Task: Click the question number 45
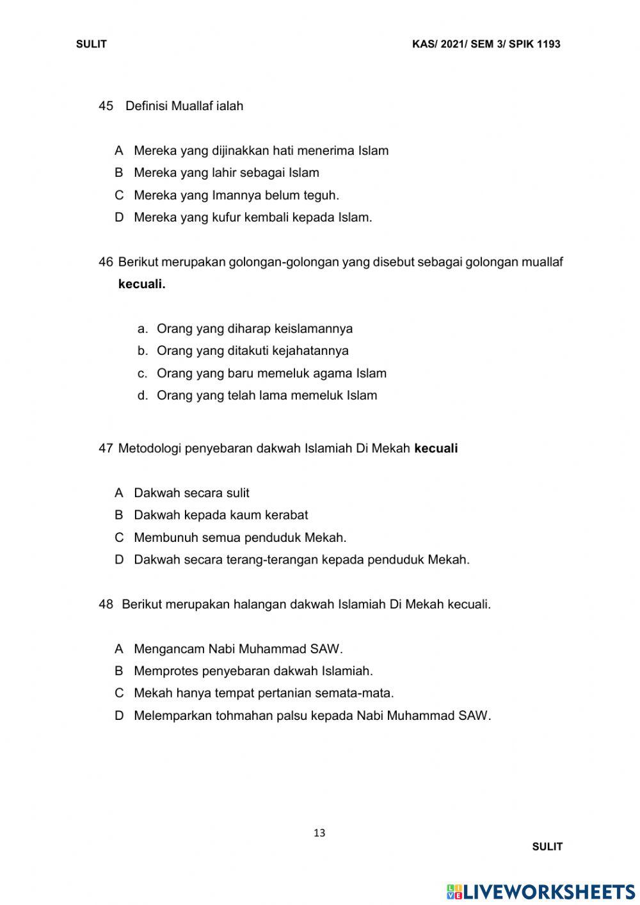pos(106,106)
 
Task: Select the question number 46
pos(106,262)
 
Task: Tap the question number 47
pos(106,448)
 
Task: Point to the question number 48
pos(106,604)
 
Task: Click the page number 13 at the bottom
pos(319,833)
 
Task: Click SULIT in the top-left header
pos(91,44)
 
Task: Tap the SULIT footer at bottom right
pos(547,847)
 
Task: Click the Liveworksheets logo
pos(541,891)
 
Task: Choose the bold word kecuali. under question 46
pos(141,284)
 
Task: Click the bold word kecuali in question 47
pos(436,448)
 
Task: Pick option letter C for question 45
pos(119,195)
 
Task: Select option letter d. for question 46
pos(143,396)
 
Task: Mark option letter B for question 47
pos(119,515)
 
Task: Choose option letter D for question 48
pos(119,715)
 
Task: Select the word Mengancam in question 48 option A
pos(169,649)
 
